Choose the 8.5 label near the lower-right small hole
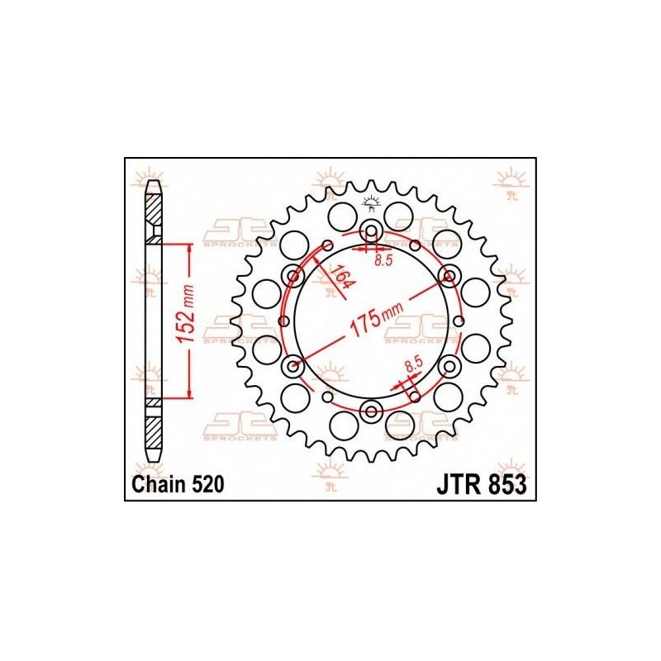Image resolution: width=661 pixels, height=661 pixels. pos(413,364)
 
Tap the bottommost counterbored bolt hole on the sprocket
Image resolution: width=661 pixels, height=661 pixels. pos(371,411)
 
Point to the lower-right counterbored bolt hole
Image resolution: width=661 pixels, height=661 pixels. pos(449,365)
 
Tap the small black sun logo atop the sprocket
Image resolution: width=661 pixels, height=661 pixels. pos(371,202)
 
